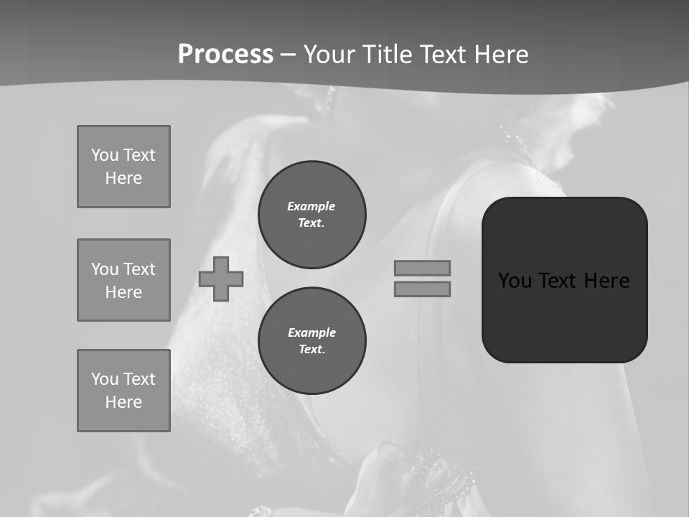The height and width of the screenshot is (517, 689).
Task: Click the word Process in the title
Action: coord(225,55)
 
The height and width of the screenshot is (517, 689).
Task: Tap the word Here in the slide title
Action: coord(499,55)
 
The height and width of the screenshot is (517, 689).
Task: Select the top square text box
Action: coord(123,167)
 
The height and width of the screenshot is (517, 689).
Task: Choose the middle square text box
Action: coord(123,280)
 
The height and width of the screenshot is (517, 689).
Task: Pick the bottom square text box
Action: coord(123,391)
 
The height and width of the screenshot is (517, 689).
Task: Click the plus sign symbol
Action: coord(221,279)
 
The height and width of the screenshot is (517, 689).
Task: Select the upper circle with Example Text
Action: coord(312,215)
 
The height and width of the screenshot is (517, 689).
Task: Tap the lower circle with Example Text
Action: coord(312,341)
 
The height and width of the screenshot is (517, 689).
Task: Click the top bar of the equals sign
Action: coord(422,269)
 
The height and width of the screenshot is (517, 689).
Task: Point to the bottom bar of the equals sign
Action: coord(422,289)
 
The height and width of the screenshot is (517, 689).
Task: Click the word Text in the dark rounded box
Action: coord(558,281)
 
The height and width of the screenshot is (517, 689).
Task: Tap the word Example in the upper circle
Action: coord(311,206)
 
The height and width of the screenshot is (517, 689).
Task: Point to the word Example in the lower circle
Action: coord(312,332)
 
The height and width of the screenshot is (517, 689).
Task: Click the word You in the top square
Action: coord(105,155)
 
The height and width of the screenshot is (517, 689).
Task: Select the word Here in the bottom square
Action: coord(123,402)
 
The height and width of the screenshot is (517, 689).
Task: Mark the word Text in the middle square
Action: coord(139,269)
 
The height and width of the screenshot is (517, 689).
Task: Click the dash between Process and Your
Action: coord(289,55)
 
